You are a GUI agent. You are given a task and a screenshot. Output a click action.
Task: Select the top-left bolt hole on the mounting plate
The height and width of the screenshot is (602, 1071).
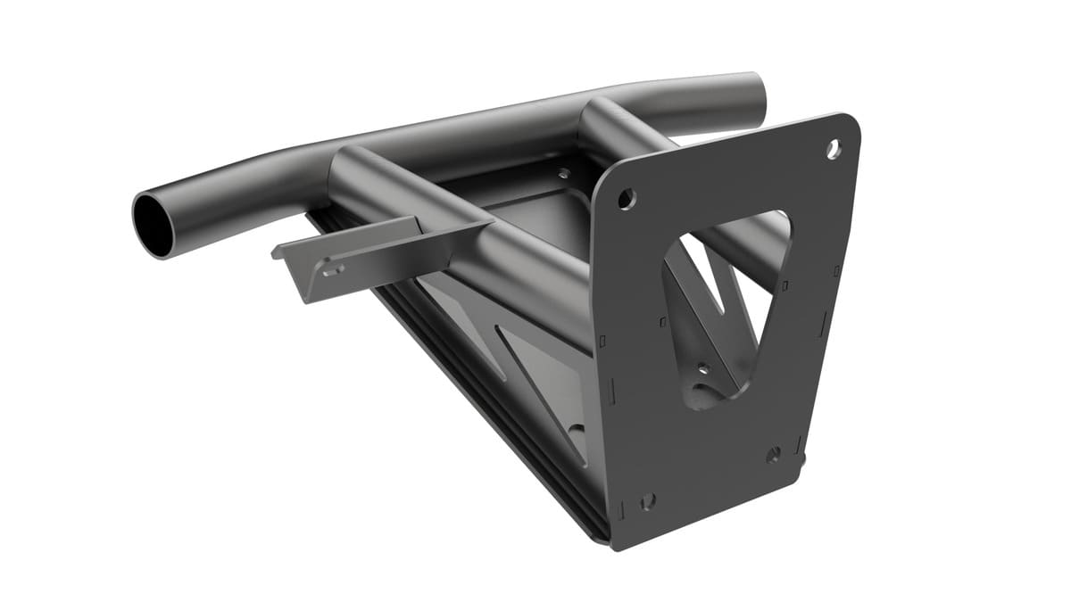pos(627,197)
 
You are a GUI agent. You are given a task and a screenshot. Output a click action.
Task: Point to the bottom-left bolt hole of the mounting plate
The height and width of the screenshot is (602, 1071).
pos(648,500)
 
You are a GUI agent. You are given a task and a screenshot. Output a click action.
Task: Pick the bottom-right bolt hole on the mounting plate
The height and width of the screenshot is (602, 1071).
pos(773,454)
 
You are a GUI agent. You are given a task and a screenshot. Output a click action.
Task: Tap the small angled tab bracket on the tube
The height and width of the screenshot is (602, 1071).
pos(357,259)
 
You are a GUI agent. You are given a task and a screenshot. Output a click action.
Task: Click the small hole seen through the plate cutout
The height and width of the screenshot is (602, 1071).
pos(702,367)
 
